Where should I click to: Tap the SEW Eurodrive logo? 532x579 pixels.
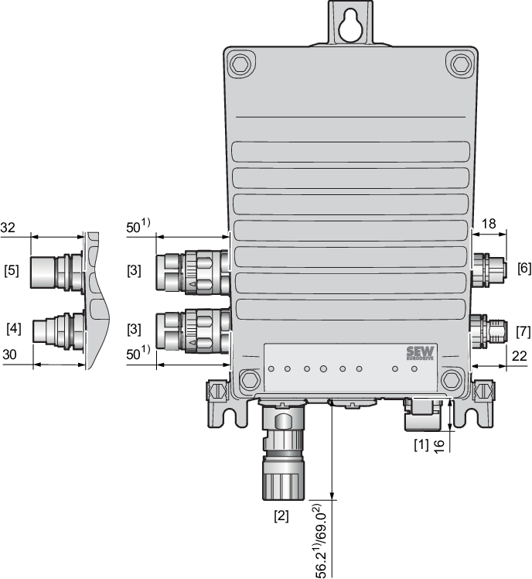click(420, 353)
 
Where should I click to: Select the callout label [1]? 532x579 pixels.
click(421, 445)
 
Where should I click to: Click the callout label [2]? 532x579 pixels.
click(281, 516)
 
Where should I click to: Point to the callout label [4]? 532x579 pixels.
click(14, 328)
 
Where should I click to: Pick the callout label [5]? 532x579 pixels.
click(12, 270)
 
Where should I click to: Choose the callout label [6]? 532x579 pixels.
click(524, 268)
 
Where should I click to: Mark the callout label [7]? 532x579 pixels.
click(523, 331)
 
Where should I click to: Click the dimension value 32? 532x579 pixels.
click(8, 228)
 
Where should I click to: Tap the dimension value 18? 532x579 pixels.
click(489, 224)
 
